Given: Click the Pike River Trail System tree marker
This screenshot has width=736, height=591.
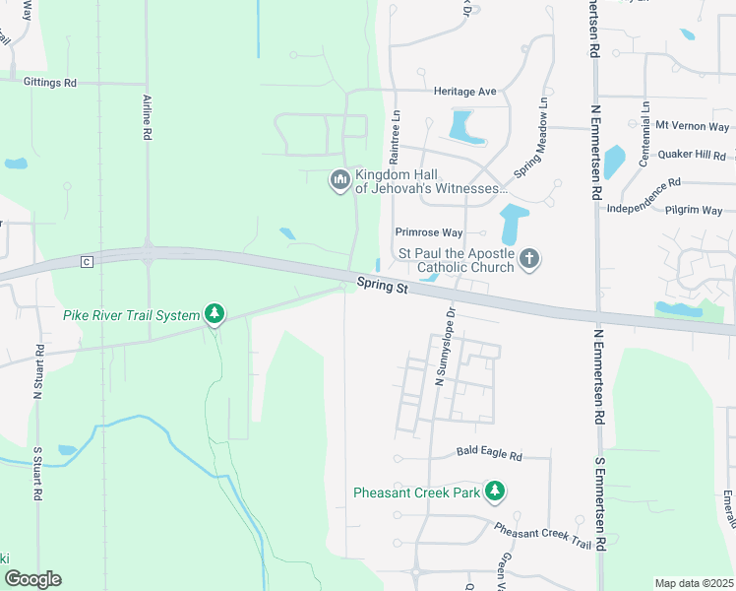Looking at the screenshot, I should coord(215,315).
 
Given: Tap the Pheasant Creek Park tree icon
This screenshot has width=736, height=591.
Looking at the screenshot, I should coord(497,491).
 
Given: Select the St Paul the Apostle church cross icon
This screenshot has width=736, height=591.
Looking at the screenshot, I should coord(529,259).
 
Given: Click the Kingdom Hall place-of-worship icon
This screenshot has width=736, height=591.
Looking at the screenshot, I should coord(339,179).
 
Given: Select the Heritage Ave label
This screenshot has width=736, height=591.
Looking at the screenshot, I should coord(465,91).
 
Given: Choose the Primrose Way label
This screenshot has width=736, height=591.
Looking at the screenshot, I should coord(428,232).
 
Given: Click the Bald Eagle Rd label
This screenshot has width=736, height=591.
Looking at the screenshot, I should coord(489,456).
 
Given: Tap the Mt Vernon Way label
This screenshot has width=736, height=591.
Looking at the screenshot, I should coord(693,127).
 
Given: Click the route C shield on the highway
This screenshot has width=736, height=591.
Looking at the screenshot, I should coord(87,261).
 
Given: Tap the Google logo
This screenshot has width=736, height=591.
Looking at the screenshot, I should coord(32,579).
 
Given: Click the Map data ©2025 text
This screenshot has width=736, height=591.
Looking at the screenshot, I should coord(693,583).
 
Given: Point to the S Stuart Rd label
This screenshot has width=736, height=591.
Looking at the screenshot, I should coord(37,475).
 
